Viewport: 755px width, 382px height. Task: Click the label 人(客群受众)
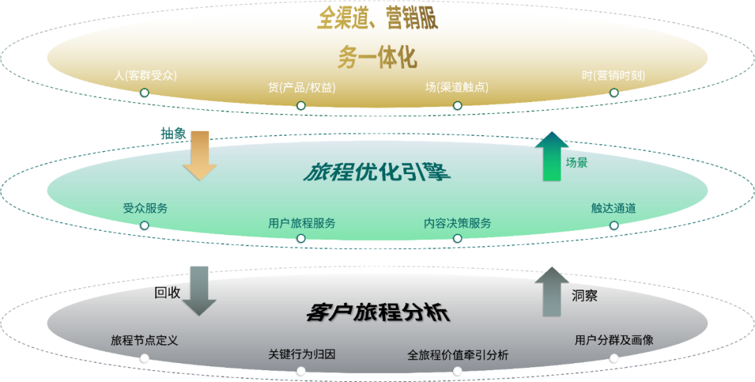tap(145, 75)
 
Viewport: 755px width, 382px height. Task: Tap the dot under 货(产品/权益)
tap(301, 106)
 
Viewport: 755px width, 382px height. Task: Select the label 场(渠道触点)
tap(457, 87)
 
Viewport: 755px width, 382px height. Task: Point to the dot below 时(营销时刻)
tap(614, 92)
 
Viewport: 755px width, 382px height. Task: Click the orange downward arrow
tap(200, 155)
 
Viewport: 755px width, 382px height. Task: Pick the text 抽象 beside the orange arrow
tap(173, 134)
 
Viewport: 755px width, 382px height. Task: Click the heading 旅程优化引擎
tap(376, 172)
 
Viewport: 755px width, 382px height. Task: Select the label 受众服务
tap(145, 208)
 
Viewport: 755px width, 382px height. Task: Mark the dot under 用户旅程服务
tap(301, 239)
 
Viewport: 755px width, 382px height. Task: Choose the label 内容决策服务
tap(457, 223)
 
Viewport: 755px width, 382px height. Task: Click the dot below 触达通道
tap(614, 225)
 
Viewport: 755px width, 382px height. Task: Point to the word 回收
tap(168, 292)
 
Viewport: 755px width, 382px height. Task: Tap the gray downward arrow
tap(199, 290)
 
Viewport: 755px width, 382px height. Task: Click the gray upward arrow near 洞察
tap(552, 291)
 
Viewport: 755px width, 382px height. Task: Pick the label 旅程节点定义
tap(145, 341)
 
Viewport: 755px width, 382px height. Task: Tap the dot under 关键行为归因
tap(301, 369)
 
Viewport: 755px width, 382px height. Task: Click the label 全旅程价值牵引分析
tap(457, 355)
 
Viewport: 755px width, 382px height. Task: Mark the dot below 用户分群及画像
tap(614, 358)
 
